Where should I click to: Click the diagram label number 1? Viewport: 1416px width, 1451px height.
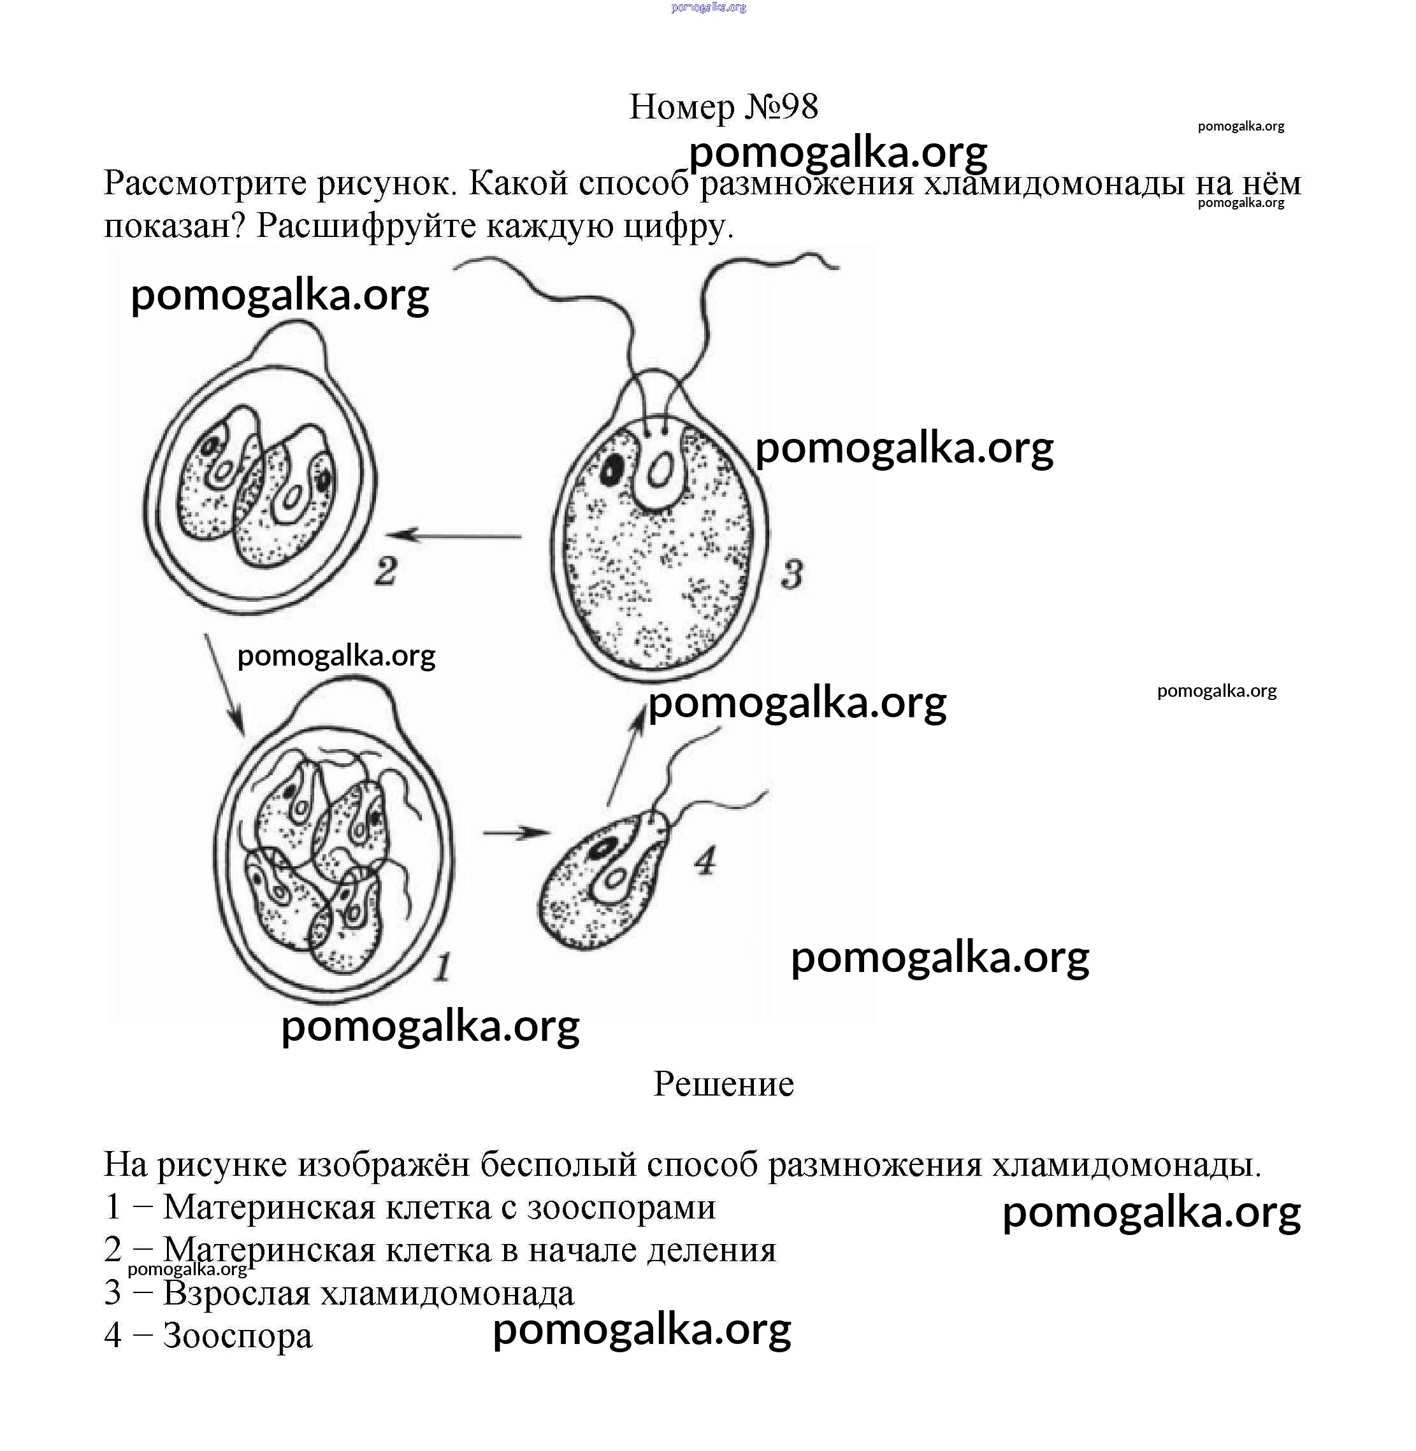pyautogui.click(x=442, y=967)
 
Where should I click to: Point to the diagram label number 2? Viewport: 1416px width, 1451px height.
pyautogui.click(x=386, y=571)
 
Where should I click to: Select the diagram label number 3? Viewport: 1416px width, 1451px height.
pyautogui.click(x=792, y=575)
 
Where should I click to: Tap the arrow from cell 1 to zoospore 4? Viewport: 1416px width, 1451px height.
pyautogui.click(x=516, y=833)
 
